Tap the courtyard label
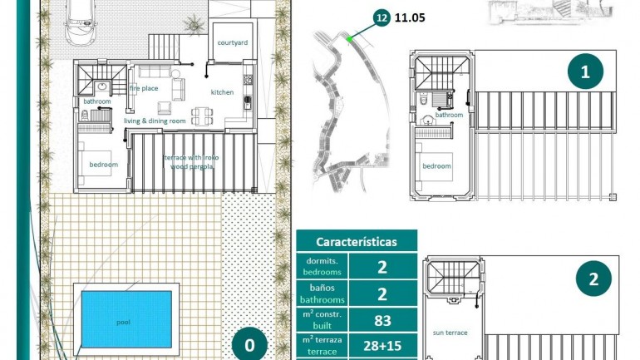tap(232, 42)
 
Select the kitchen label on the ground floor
tap(222, 92)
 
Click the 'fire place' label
tap(144, 88)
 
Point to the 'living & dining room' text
tap(155, 121)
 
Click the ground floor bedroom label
tap(104, 165)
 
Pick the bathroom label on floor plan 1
tap(449, 116)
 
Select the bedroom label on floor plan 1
tap(436, 166)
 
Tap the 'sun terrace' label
tap(450, 333)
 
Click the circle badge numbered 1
tap(585, 72)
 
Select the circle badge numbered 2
tap(593, 279)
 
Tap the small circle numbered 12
tap(382, 17)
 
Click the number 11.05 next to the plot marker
tap(411, 17)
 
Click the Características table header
tap(356, 242)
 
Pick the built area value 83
tap(382, 319)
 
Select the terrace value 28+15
tap(382, 346)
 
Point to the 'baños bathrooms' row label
tap(322, 293)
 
